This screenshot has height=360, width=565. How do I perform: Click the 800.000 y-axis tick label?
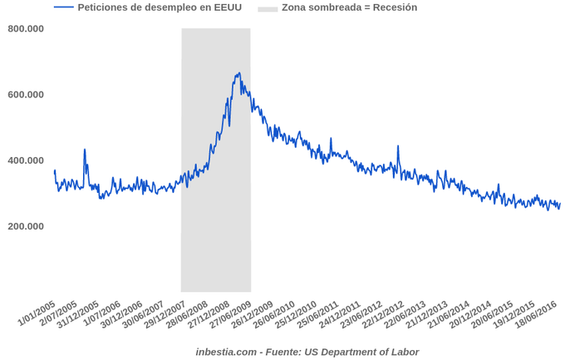26,29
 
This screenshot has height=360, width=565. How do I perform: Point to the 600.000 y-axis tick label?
26,95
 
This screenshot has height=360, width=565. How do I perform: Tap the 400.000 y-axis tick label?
26,160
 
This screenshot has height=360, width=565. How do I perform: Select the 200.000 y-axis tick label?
26,226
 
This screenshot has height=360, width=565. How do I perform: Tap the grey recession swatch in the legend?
268,8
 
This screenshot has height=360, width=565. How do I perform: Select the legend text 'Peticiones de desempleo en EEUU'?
159,7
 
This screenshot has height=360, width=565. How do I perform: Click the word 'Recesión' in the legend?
394,7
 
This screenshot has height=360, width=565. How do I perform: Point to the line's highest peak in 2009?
239,73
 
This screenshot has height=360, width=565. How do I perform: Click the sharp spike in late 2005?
85,150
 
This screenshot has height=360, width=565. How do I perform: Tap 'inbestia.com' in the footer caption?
226,352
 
